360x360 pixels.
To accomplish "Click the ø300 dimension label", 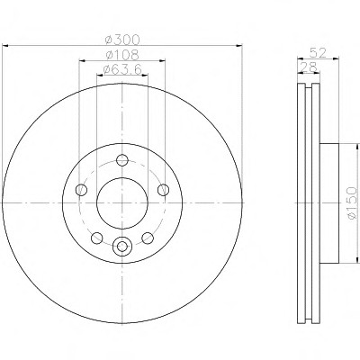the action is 123,39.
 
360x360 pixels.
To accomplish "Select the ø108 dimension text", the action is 123,55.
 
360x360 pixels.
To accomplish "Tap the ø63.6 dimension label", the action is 122,69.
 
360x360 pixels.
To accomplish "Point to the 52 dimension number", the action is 318,53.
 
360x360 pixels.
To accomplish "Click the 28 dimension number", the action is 309,67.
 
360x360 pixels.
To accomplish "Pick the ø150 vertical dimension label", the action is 352,202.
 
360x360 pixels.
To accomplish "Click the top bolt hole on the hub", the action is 122,160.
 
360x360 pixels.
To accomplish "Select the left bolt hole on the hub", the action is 81,190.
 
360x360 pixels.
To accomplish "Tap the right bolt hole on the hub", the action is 163,190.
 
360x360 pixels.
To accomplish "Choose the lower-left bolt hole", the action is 97,238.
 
